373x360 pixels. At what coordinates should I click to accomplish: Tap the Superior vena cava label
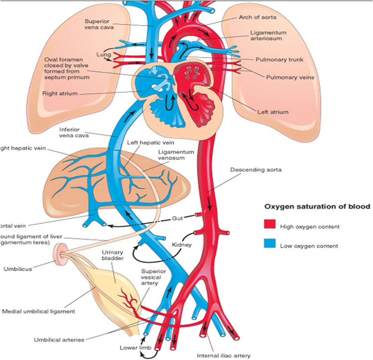(x=99, y=24)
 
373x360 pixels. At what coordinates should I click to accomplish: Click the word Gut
(x=178, y=218)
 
